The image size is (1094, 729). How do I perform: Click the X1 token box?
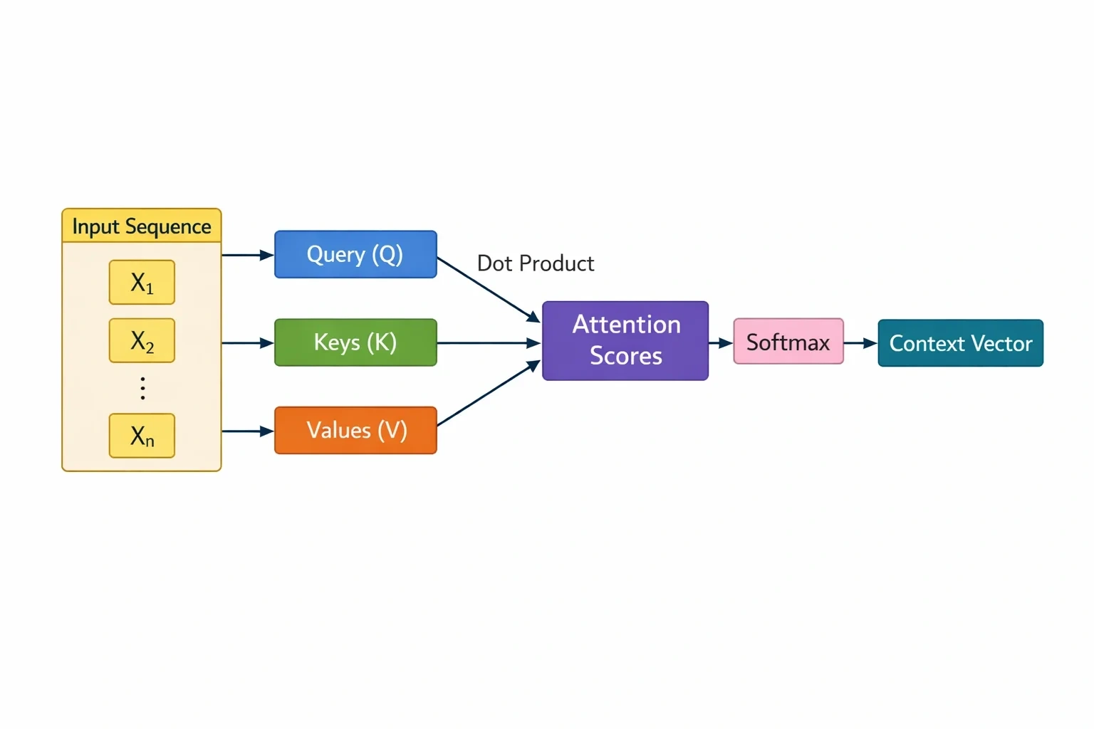click(142, 282)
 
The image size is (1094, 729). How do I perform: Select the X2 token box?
click(142, 340)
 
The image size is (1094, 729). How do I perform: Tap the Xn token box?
click(142, 436)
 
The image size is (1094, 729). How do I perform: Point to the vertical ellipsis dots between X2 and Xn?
click(142, 389)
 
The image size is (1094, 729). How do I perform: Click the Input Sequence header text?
click(142, 226)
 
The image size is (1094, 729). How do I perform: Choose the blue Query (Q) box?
click(355, 254)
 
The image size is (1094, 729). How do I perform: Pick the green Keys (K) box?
click(355, 342)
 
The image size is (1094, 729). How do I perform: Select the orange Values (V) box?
click(355, 430)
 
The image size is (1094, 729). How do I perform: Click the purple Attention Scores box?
click(625, 341)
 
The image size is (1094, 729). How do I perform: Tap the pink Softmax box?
click(788, 341)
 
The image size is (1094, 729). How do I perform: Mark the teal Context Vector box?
click(961, 342)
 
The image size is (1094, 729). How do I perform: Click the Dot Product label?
click(536, 263)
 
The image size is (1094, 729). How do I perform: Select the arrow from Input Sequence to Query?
click(248, 255)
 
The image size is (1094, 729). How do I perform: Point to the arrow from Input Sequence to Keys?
click(248, 343)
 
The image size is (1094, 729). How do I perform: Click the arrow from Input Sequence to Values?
click(248, 431)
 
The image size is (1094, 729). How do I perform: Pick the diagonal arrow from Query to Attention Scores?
click(489, 290)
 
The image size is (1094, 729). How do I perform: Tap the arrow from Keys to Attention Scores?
click(489, 343)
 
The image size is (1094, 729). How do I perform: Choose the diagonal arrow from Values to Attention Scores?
click(489, 393)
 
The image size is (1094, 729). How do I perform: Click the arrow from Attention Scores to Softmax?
click(720, 343)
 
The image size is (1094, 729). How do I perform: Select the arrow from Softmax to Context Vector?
click(860, 343)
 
